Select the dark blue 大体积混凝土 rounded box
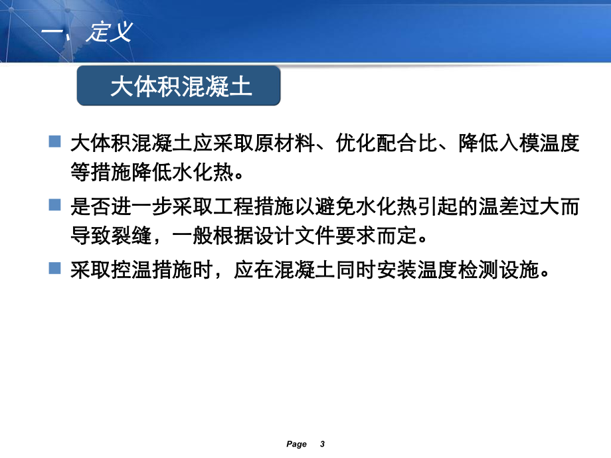point(179,86)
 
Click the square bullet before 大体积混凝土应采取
point(54,141)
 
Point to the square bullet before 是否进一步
point(54,205)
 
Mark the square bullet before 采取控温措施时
point(54,269)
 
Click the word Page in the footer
point(297,444)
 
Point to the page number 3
point(322,444)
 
